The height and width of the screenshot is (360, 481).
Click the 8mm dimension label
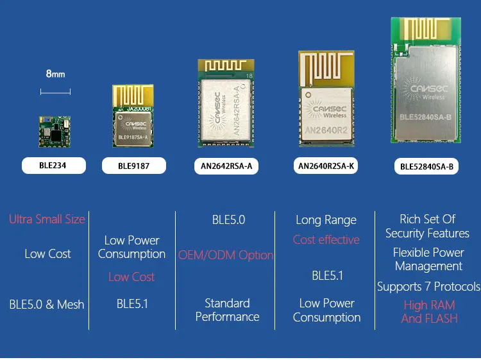click(x=55, y=74)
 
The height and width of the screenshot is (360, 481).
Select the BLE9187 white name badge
click(x=133, y=166)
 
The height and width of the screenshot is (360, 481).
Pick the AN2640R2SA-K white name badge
click(x=326, y=166)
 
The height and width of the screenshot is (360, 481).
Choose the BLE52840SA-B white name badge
click(x=426, y=166)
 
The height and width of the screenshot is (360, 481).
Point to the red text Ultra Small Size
click(x=47, y=219)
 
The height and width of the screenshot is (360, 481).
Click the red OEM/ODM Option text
click(x=226, y=255)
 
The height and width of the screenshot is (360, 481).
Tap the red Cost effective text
click(x=326, y=239)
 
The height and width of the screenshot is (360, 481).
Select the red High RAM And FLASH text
click(x=429, y=312)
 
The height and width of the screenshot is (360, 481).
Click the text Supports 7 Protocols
click(x=428, y=286)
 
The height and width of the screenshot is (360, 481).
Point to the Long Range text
click(x=326, y=220)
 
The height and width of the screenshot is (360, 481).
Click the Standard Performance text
click(x=227, y=310)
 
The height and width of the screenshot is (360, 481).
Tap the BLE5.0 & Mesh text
click(x=47, y=304)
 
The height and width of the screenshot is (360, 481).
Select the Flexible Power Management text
click(x=428, y=259)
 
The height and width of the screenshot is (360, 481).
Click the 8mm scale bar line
click(x=55, y=92)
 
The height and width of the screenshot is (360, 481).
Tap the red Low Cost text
click(x=131, y=277)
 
